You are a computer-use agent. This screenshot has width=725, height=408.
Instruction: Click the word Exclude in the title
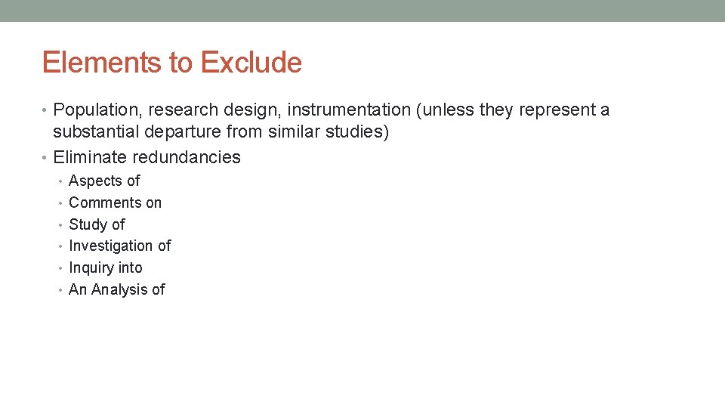(x=251, y=63)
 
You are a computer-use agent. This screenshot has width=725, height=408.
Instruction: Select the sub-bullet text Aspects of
(x=104, y=181)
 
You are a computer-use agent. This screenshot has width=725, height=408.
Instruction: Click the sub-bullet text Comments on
(x=115, y=202)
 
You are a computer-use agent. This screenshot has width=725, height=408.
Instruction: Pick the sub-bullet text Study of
(x=97, y=224)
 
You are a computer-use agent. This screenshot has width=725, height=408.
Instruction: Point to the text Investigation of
(x=119, y=246)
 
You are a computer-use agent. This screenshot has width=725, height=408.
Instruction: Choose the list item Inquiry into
(x=105, y=267)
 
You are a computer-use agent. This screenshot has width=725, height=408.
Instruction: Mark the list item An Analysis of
(x=116, y=289)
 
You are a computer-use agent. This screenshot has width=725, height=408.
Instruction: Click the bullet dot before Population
(x=46, y=111)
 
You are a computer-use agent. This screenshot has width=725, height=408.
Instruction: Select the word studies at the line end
(x=361, y=132)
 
